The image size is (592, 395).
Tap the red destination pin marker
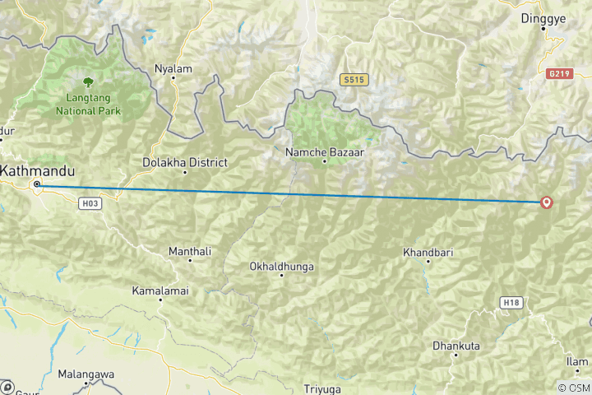coord(547,202)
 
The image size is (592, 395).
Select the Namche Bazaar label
coord(324,152)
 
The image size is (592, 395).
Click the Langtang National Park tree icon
coord(87,81)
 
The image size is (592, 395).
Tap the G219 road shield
coord(557,73)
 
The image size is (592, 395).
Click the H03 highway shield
coord(91,202)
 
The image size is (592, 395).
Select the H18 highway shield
coord(511,303)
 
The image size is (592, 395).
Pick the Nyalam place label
coord(173,69)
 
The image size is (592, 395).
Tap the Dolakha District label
coord(185,163)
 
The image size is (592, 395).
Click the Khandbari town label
coord(427,252)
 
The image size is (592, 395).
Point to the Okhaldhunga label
coord(281,267)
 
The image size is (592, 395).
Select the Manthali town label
coord(190,250)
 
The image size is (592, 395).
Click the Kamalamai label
coord(160,290)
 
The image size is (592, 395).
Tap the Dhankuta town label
coord(456,346)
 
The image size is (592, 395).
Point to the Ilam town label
coord(577,361)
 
